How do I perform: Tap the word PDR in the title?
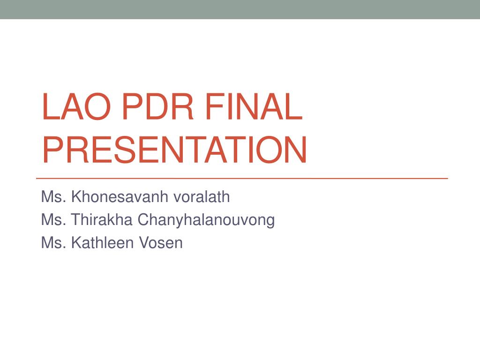click(x=158, y=106)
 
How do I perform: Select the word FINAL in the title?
click(x=254, y=106)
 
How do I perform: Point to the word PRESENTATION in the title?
click(x=175, y=150)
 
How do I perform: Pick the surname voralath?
click(x=202, y=196)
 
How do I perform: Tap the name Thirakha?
click(x=102, y=219)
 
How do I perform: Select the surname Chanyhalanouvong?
click(x=206, y=220)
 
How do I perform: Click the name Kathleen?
click(x=103, y=242)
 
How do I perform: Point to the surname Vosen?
click(x=161, y=242)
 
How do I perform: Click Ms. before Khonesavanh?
click(x=54, y=196)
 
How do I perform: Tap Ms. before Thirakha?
click(x=54, y=219)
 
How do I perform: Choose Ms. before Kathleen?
click(x=54, y=242)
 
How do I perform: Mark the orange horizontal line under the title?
click(x=242, y=178)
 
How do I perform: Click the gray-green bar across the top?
click(x=240, y=9)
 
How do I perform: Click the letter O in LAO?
click(x=97, y=106)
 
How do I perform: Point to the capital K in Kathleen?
click(x=77, y=242)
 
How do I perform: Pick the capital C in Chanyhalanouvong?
click(x=143, y=219)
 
